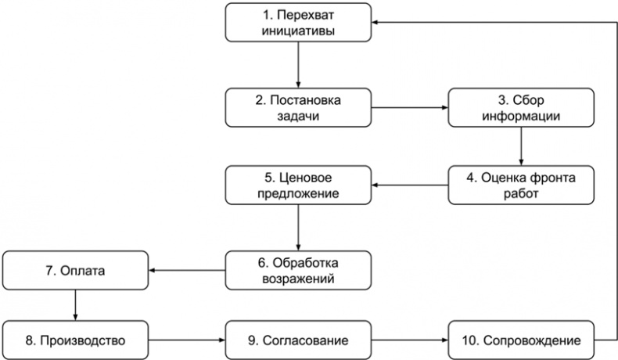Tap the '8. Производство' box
[75, 340]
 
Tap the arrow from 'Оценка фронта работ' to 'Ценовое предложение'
[411, 185]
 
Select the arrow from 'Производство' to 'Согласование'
[188, 340]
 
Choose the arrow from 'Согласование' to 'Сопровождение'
[411, 340]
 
